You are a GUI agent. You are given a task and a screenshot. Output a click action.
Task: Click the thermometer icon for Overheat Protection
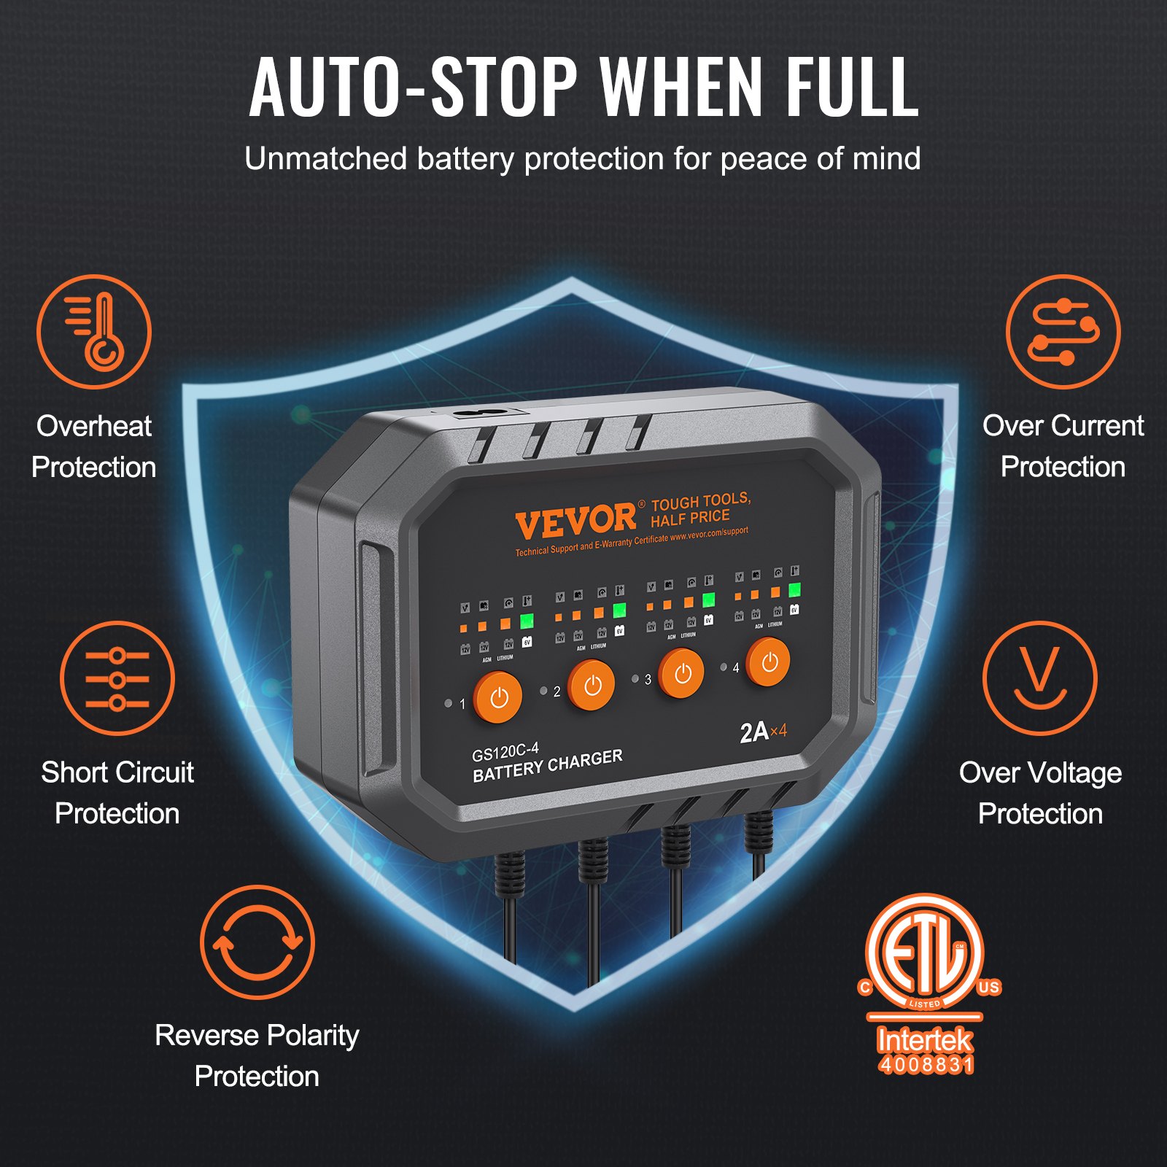94,332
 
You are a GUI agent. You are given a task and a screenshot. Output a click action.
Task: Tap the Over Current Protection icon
1063,332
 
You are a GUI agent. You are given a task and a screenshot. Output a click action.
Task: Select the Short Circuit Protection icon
117,678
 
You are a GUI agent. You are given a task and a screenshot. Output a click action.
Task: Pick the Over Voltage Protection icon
1039,678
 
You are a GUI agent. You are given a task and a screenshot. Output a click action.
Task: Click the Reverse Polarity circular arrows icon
257,942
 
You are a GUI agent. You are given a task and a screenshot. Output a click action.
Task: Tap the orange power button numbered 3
681,673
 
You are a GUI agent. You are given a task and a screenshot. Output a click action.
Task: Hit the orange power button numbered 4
768,662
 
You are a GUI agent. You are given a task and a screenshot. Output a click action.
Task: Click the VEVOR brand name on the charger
575,521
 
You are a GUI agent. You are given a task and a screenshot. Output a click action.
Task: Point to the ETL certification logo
925,955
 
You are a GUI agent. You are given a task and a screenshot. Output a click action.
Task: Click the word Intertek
924,1039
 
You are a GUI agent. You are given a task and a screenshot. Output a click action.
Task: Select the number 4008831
926,1065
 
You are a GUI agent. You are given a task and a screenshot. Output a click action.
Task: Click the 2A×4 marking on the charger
763,732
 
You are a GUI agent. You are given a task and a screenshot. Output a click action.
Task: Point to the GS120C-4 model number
505,752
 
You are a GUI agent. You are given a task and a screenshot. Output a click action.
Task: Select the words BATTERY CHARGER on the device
547,766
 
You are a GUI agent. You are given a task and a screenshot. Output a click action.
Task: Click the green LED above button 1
526,621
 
